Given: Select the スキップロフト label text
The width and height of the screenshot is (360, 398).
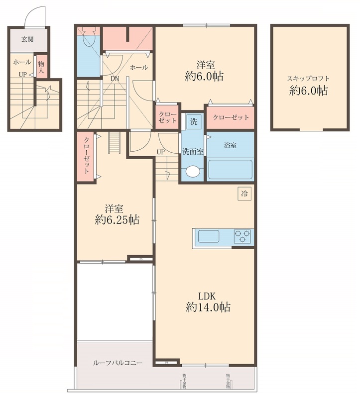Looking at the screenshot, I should coord(309,79).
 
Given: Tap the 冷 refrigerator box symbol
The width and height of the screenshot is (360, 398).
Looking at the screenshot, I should coord(244,193).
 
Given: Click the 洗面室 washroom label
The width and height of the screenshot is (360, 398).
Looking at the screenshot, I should coord(192,151).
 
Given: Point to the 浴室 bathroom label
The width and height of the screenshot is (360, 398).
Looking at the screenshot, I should coord(230,146).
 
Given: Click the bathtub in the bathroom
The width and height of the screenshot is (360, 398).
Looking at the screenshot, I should coord(231,169).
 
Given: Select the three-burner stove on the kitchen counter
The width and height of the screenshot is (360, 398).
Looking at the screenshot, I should coord(242,236).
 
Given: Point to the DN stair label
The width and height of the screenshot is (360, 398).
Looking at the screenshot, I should coord(115,79).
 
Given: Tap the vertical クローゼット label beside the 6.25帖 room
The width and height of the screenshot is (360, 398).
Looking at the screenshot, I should coord(87,156).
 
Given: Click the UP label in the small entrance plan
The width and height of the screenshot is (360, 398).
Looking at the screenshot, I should coord(23,75).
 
